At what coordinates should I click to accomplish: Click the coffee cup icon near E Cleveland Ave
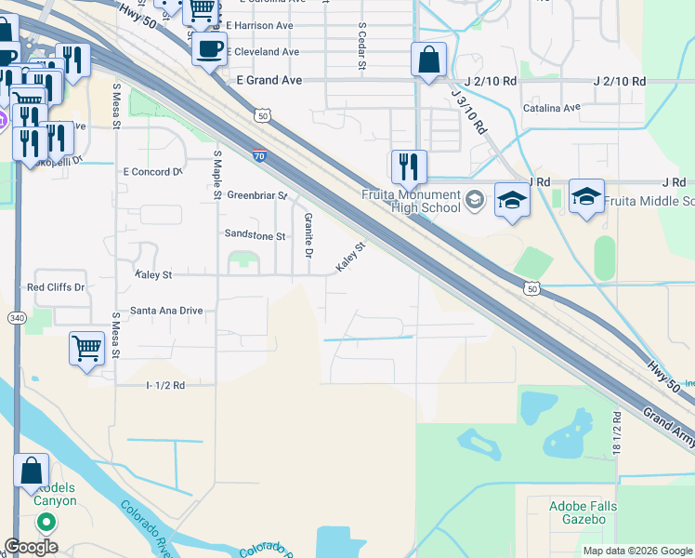point(209,47)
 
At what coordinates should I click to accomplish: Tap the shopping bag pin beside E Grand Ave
point(428,60)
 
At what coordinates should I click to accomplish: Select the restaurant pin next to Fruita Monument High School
point(409,167)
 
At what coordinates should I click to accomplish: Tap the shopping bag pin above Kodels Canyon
point(31,471)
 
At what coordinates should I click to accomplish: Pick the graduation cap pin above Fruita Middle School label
point(586,197)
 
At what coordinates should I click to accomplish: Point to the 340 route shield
point(18,318)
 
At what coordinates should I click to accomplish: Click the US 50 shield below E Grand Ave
point(263,115)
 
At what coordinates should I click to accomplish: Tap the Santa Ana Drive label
point(166,310)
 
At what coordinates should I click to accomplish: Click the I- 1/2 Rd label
point(165,384)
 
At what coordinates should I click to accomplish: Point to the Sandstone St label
point(254,236)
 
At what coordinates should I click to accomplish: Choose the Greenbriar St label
point(257,195)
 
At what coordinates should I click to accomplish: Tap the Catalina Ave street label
point(551,108)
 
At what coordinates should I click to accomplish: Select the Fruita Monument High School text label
point(412,201)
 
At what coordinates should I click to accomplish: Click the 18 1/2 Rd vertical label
point(616,430)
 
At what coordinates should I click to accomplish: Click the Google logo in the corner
point(32,547)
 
